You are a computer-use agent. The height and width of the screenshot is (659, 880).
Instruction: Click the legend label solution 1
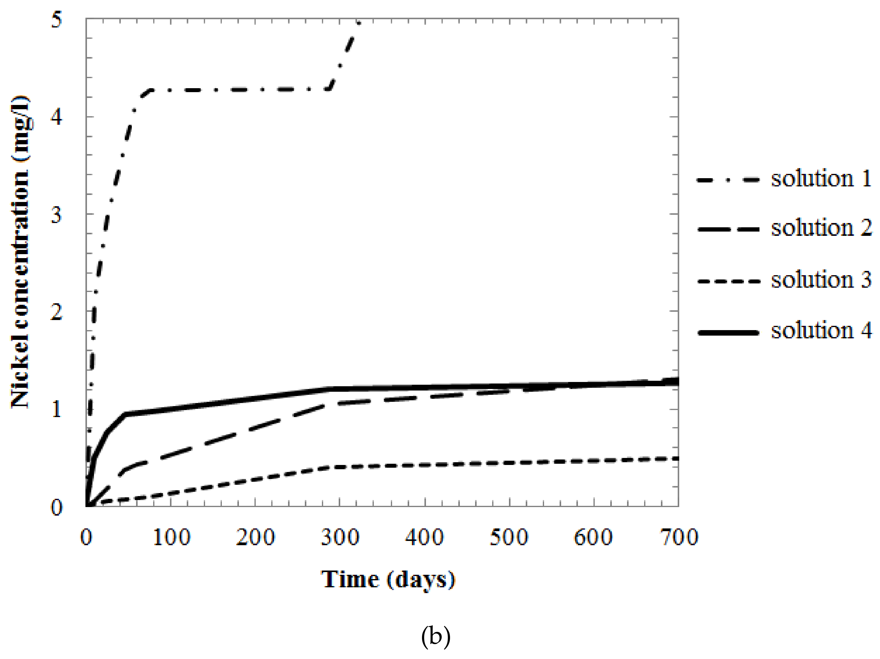[x=821, y=178]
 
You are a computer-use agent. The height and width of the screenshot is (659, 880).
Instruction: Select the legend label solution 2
[x=821, y=228]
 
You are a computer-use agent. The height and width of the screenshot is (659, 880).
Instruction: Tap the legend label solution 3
[x=821, y=280]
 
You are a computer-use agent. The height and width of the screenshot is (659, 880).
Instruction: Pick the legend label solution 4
[x=821, y=331]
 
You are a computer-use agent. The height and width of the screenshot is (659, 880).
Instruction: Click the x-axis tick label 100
[x=171, y=537]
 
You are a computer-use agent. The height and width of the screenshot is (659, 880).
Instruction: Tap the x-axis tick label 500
[x=509, y=537]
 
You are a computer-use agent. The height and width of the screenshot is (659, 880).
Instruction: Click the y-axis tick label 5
[x=57, y=19]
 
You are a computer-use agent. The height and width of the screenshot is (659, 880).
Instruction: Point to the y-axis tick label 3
[x=57, y=215]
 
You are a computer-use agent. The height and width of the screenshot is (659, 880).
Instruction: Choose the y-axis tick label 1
[x=57, y=409]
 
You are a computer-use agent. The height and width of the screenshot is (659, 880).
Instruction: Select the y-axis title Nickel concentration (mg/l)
[x=21, y=252]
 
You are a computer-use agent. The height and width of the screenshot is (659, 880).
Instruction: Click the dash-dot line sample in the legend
[x=728, y=180]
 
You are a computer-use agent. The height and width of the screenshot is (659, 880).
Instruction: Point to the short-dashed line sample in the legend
[x=728, y=282]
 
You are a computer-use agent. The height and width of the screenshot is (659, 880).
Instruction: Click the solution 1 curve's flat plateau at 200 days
[x=255, y=89]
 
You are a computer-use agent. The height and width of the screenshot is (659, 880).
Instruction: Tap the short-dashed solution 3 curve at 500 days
[x=509, y=463]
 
